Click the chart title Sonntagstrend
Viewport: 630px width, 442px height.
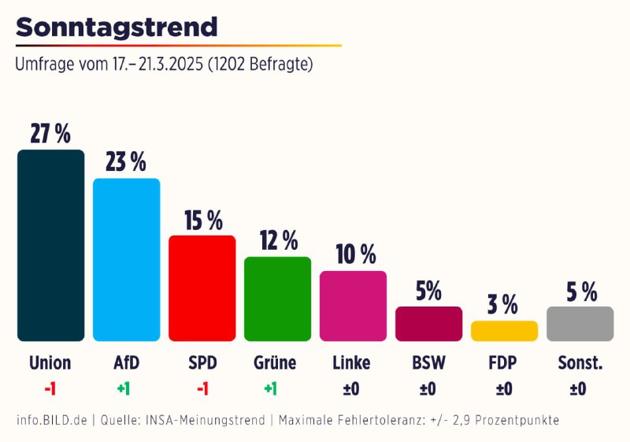pyautogui.click(x=117, y=27)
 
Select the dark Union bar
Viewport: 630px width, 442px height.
pyautogui.click(x=50, y=245)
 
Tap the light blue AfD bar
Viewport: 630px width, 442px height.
pyautogui.click(x=126, y=259)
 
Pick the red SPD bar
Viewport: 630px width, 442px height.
pyautogui.click(x=202, y=288)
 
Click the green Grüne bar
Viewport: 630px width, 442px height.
pyautogui.click(x=277, y=299)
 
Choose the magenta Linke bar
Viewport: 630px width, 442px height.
pyautogui.click(x=353, y=306)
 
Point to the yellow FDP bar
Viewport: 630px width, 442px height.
pyautogui.click(x=504, y=331)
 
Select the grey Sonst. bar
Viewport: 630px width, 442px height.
pyautogui.click(x=580, y=324)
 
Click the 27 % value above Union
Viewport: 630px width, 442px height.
pyautogui.click(x=50, y=134)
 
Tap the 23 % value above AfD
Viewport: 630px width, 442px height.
pyautogui.click(x=126, y=162)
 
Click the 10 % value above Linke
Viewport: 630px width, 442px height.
pyautogui.click(x=355, y=254)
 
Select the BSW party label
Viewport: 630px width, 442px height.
pyautogui.click(x=428, y=363)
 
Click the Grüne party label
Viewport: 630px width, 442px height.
pyautogui.click(x=275, y=363)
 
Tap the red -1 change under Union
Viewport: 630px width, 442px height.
pyautogui.click(x=50, y=388)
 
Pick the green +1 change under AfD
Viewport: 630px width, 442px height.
pyautogui.click(x=124, y=388)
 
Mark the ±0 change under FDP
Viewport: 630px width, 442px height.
pyautogui.click(x=504, y=388)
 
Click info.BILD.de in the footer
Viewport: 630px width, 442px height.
pyautogui.click(x=51, y=421)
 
